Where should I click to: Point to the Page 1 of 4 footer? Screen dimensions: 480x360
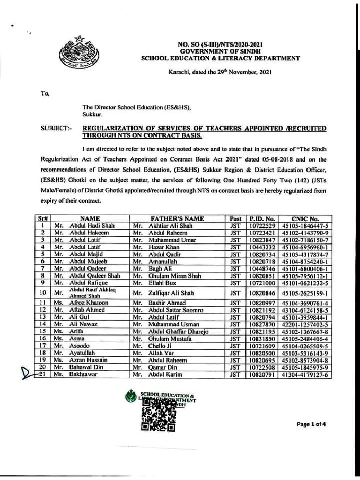click(x=311, y=424)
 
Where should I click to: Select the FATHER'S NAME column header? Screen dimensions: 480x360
click(x=177, y=218)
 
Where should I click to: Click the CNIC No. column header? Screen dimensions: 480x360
click(x=305, y=218)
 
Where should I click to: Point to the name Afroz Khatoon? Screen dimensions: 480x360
click(x=89, y=303)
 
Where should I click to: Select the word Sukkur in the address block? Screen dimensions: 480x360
click(x=92, y=114)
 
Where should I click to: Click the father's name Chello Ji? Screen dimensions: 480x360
click(x=154, y=346)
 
